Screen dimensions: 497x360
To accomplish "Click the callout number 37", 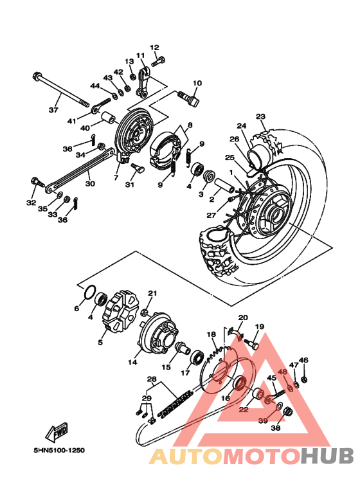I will [53, 109].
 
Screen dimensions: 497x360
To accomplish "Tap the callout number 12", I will [154, 48].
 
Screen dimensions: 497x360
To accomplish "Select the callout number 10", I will [197, 83].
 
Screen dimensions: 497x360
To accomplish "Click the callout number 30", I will [90, 183].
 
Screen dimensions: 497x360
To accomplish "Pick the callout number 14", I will [132, 362].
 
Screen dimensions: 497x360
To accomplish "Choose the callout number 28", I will [152, 379].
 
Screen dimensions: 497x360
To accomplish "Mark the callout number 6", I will [76, 309].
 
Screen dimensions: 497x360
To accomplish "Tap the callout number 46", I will [304, 360].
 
